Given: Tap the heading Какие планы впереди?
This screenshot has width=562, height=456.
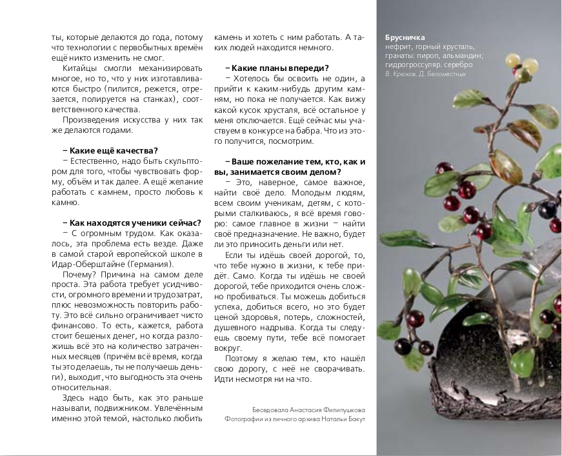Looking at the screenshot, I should tap(277, 68).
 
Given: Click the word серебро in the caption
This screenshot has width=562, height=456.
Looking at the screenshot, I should tap(459, 64).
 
